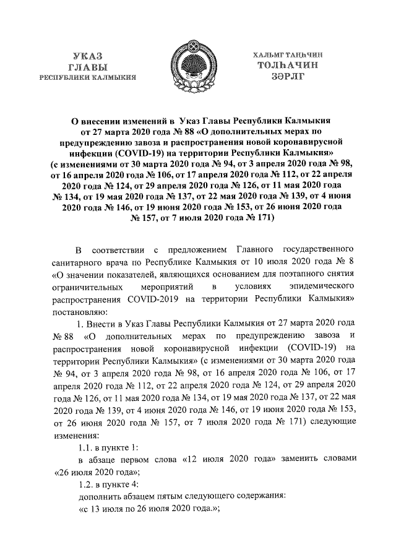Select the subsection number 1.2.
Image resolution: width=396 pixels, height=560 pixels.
(x=87, y=484)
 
